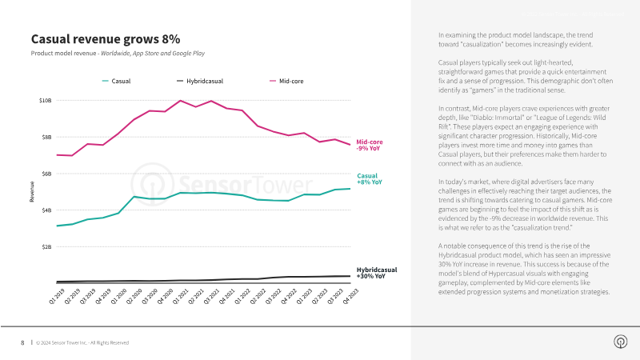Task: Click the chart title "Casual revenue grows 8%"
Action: (106, 38)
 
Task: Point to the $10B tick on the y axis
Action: (45, 101)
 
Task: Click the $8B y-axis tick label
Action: (46, 137)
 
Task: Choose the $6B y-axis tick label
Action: (46, 174)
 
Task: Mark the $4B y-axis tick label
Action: (46, 210)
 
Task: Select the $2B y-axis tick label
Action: (46, 247)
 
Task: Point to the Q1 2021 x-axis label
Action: (182, 297)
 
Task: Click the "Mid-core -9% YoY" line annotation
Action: (369, 145)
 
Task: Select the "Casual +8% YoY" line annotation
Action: (369, 179)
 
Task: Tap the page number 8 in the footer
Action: (22, 342)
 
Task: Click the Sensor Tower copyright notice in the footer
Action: (82, 342)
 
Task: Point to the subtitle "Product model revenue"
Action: (64, 54)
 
